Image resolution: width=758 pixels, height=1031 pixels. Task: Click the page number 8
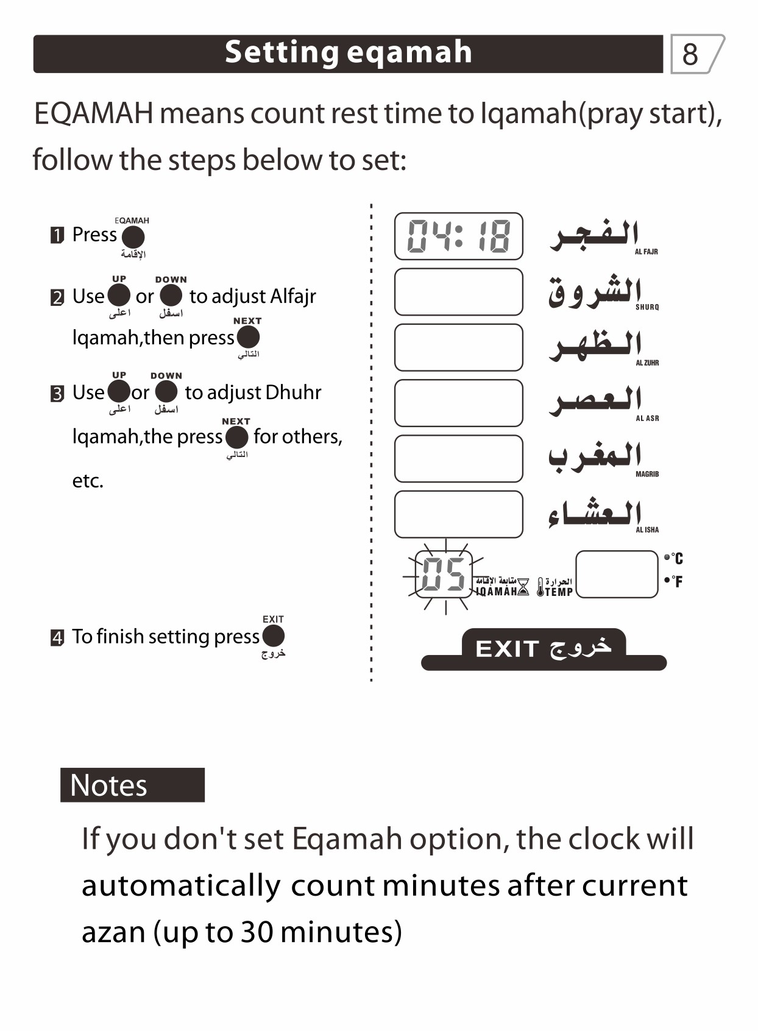click(x=690, y=55)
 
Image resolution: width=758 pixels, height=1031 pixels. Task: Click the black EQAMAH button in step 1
click(x=133, y=237)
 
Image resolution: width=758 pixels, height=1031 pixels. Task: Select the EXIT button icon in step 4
click(x=274, y=636)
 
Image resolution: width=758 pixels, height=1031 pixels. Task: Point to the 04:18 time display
click(x=458, y=236)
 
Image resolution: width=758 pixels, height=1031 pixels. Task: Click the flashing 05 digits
click(x=444, y=574)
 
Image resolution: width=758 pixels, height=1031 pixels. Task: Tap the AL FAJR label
click(x=646, y=252)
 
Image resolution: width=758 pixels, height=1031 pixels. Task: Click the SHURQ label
click(x=647, y=307)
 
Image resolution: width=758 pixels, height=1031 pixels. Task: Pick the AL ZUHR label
click(x=647, y=363)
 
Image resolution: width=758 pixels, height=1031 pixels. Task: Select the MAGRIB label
click(x=647, y=474)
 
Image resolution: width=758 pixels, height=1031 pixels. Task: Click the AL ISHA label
click(x=647, y=530)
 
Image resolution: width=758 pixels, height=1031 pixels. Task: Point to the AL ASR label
click(x=647, y=419)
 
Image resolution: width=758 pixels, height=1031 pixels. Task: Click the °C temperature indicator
click(x=674, y=558)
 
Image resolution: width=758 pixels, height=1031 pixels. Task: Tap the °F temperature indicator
click(x=674, y=581)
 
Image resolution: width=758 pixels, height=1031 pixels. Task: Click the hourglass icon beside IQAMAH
click(x=523, y=587)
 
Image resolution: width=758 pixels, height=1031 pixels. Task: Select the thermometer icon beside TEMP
click(x=540, y=587)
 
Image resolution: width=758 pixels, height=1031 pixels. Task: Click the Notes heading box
click(x=132, y=785)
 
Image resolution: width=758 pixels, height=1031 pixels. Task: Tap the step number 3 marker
click(x=57, y=394)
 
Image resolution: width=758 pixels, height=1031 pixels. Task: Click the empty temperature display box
click(x=617, y=574)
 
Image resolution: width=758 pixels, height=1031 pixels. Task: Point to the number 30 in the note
click(x=257, y=932)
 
